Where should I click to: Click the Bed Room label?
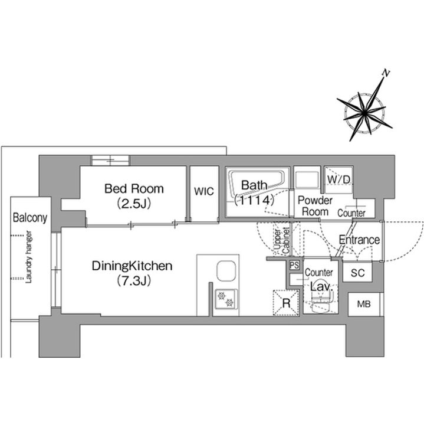[x=134, y=189]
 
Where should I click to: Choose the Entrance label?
[x=359, y=240]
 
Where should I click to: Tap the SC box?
[x=357, y=273]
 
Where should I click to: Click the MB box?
[x=363, y=305]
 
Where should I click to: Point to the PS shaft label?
[x=293, y=265]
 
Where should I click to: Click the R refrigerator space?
[x=286, y=303]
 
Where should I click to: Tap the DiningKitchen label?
[x=132, y=266]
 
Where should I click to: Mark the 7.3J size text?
[x=133, y=280]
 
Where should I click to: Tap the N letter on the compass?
[x=386, y=73]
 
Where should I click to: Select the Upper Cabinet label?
[x=281, y=241]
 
